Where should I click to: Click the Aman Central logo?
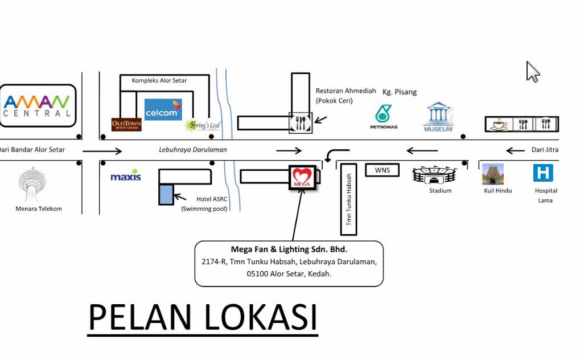pyautogui.click(x=38, y=106)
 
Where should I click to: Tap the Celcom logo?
pyautogui.click(x=163, y=109)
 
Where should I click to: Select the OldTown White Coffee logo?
pyautogui.click(x=126, y=124)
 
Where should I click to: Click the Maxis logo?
pyautogui.click(x=126, y=175)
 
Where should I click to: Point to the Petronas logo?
pyautogui.click(x=384, y=117)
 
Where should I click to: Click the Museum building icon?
pyautogui.click(x=438, y=117)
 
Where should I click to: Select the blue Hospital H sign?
pyautogui.click(x=543, y=173)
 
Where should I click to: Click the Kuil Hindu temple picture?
pyautogui.click(x=493, y=174)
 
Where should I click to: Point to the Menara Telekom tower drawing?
pyautogui.click(x=32, y=184)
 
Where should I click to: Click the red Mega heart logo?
pyautogui.click(x=303, y=177)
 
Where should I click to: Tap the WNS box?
pyautogui.click(x=382, y=170)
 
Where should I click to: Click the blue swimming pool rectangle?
pyautogui.click(x=166, y=195)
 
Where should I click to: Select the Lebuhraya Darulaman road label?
pyautogui.click(x=193, y=150)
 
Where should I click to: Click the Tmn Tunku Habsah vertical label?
pyautogui.click(x=348, y=199)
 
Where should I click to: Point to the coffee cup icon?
pyautogui.click(x=499, y=125)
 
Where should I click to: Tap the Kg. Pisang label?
pyautogui.click(x=400, y=92)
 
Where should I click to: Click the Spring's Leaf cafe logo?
pyautogui.click(x=203, y=125)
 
